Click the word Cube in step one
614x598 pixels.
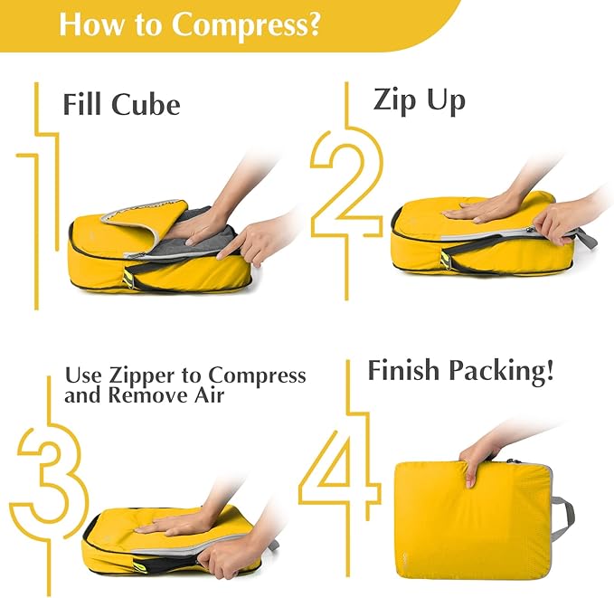click(146, 104)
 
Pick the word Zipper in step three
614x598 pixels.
click(161, 375)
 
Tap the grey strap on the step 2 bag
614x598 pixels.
click(584, 239)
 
